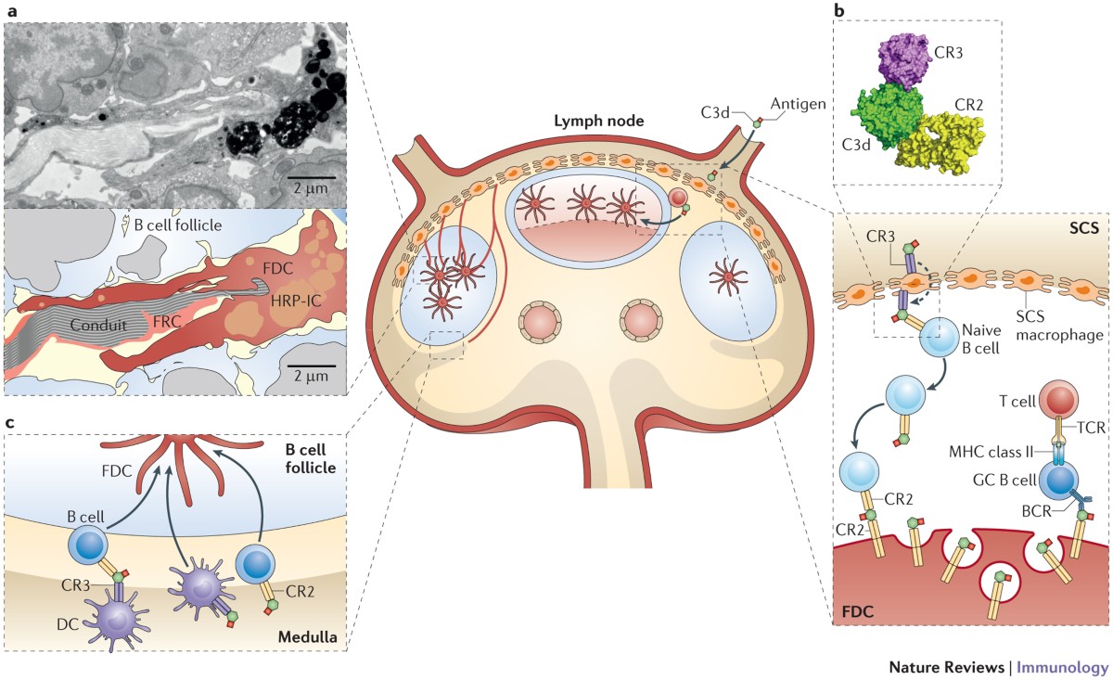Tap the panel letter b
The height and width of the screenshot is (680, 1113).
point(839,11)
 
